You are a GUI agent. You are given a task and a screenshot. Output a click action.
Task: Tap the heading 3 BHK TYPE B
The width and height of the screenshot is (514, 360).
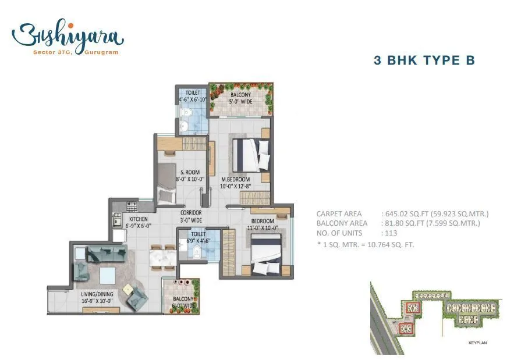tap(424, 60)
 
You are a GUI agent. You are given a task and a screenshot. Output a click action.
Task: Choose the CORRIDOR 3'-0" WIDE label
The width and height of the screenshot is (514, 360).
tap(191, 217)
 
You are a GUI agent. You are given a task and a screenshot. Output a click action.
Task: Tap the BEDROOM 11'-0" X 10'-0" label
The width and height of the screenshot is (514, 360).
tap(263, 224)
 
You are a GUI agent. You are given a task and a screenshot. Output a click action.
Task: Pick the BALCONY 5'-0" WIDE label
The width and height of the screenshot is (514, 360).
tap(241, 98)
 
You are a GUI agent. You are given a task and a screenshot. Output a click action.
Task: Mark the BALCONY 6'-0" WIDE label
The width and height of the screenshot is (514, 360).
tap(183, 302)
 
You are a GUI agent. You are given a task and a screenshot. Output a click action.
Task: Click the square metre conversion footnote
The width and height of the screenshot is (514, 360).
tap(365, 244)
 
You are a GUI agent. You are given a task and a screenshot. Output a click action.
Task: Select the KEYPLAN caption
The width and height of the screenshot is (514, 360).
tap(477, 343)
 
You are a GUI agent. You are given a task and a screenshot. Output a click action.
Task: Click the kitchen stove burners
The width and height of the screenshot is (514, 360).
tap(132, 205)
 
